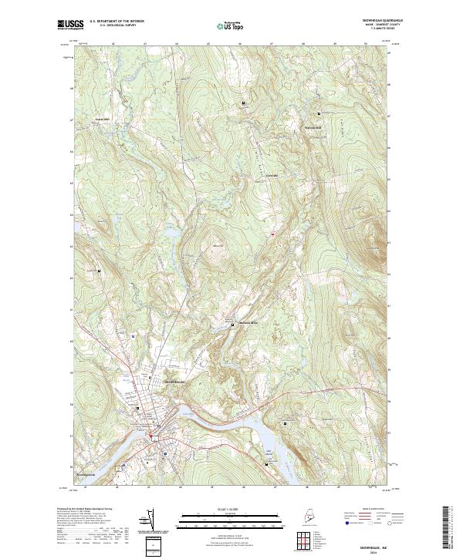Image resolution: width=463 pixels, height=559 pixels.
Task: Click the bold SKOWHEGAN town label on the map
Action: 177,382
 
